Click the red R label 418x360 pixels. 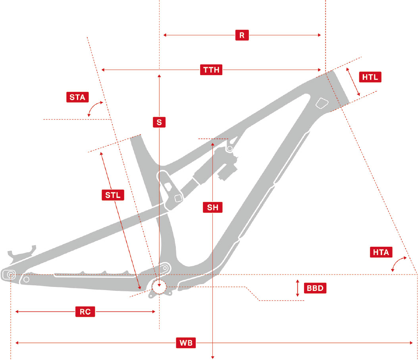pyautogui.click(x=242, y=35)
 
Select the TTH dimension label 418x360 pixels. pyautogui.click(x=211, y=70)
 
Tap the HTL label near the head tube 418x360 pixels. pyautogui.click(x=370, y=77)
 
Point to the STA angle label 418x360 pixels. pyautogui.click(x=77, y=97)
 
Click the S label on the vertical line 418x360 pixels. pyautogui.click(x=159, y=122)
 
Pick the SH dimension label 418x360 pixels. pyautogui.click(x=213, y=207)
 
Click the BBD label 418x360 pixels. pyautogui.click(x=315, y=288)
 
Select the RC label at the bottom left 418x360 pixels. pyautogui.click(x=85, y=312)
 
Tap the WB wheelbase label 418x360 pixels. pyautogui.click(x=185, y=343)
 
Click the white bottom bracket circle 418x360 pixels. pyautogui.click(x=159, y=286)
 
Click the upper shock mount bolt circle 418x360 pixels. pyautogui.click(x=229, y=149)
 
